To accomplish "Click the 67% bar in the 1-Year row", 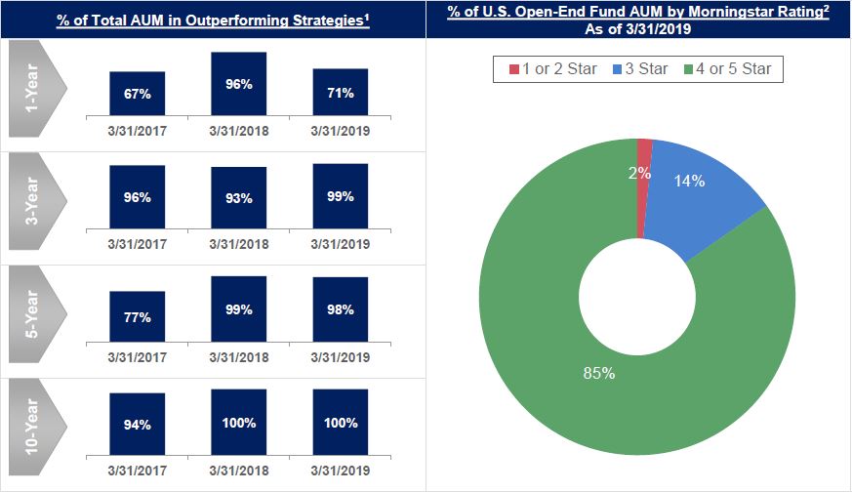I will click(x=137, y=95).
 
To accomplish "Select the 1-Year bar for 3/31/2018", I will click(x=238, y=85).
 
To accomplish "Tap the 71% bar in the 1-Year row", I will click(x=341, y=94).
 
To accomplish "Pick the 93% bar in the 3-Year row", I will click(x=238, y=198).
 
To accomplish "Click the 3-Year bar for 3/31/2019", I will click(x=341, y=196).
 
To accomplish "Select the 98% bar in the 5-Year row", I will click(x=341, y=310).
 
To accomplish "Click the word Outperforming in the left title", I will click(x=236, y=19).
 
